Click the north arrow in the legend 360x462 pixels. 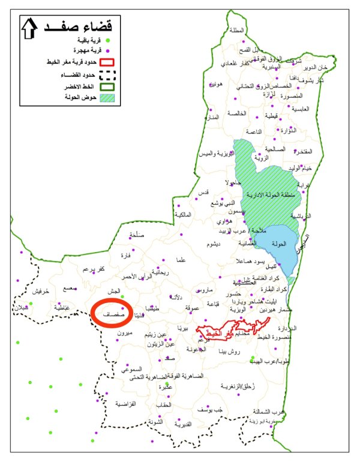coord(28,29)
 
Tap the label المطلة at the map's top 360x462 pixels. coord(237,31)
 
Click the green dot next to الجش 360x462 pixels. coord(122,296)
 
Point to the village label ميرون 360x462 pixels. coord(124,332)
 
